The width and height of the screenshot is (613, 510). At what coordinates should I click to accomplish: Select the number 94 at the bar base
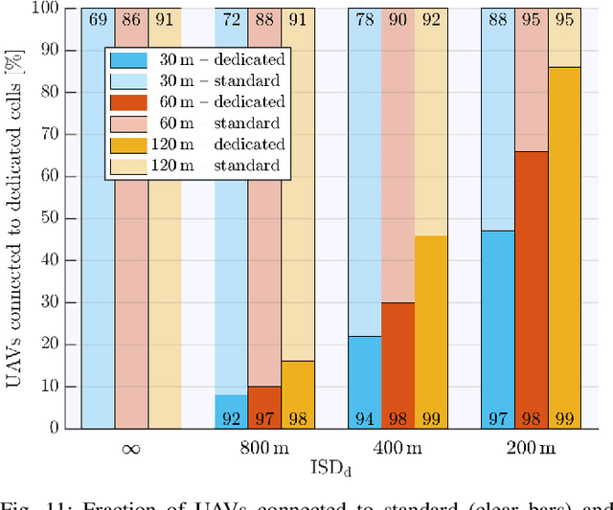tap(365, 417)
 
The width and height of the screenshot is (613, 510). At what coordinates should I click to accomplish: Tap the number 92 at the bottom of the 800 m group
tap(231, 417)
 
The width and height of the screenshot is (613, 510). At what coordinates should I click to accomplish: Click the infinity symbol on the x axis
tap(130, 447)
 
